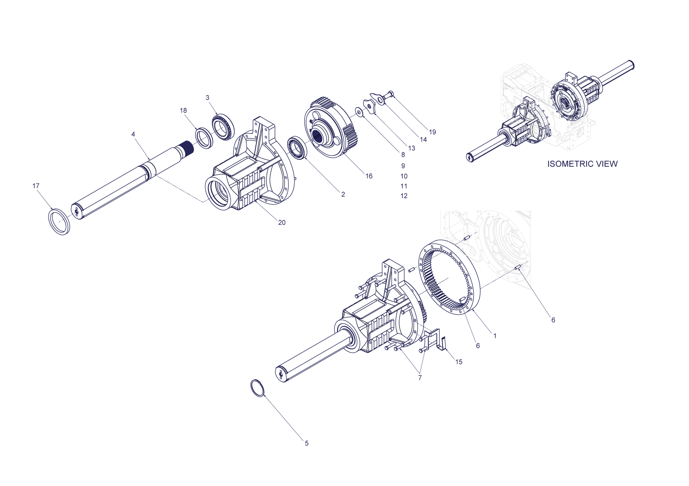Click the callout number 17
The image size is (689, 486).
coord(36,186)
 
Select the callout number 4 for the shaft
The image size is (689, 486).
coord(133,134)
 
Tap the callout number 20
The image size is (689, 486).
coord(282,223)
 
